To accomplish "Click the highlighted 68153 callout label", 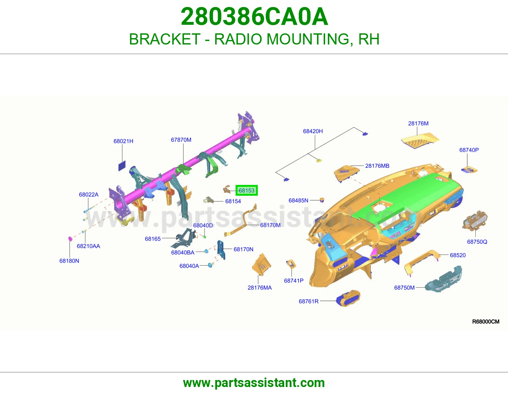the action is (x=246, y=190).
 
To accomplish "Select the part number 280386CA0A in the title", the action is (x=254, y=17).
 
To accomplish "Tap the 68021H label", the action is (x=123, y=141).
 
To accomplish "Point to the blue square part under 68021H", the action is (x=122, y=166).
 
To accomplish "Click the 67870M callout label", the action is (x=181, y=140).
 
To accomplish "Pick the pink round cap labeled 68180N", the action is (x=70, y=239).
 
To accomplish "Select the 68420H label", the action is (x=313, y=131).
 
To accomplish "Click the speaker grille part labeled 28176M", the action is (x=420, y=140).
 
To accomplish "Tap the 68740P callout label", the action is (x=469, y=150).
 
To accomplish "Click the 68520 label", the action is (x=458, y=255).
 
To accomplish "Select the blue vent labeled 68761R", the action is (x=348, y=299).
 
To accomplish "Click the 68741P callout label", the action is (x=294, y=281).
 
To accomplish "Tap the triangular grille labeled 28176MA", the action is (x=262, y=265).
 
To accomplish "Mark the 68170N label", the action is (x=243, y=249).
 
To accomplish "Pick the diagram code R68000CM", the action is (x=485, y=322).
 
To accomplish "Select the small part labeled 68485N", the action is (x=322, y=200).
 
